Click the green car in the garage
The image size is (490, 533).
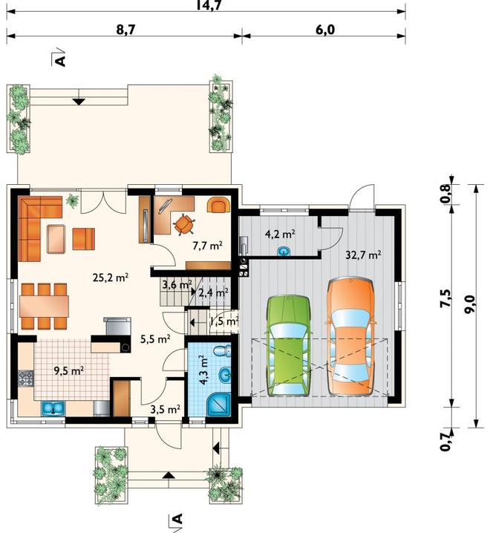pos(289,346)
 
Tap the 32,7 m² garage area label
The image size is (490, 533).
pos(363,255)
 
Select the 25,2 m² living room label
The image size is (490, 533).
pos(111,278)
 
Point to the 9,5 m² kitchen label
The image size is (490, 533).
pos(69,370)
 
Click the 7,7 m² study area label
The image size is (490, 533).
pos(207,245)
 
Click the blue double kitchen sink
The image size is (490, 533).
pos(53,408)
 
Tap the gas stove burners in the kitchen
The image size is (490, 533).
pos(26,379)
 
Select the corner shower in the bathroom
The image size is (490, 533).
pos(218,404)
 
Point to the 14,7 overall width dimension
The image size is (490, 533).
pos(209,5)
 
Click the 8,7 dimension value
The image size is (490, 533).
pos(125,30)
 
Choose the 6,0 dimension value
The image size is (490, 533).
pos(325,30)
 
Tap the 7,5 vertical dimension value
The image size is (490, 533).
pos(445,298)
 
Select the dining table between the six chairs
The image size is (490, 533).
pos(45,306)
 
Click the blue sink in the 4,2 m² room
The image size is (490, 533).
pos(284,251)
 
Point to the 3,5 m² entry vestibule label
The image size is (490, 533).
pos(166,409)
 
